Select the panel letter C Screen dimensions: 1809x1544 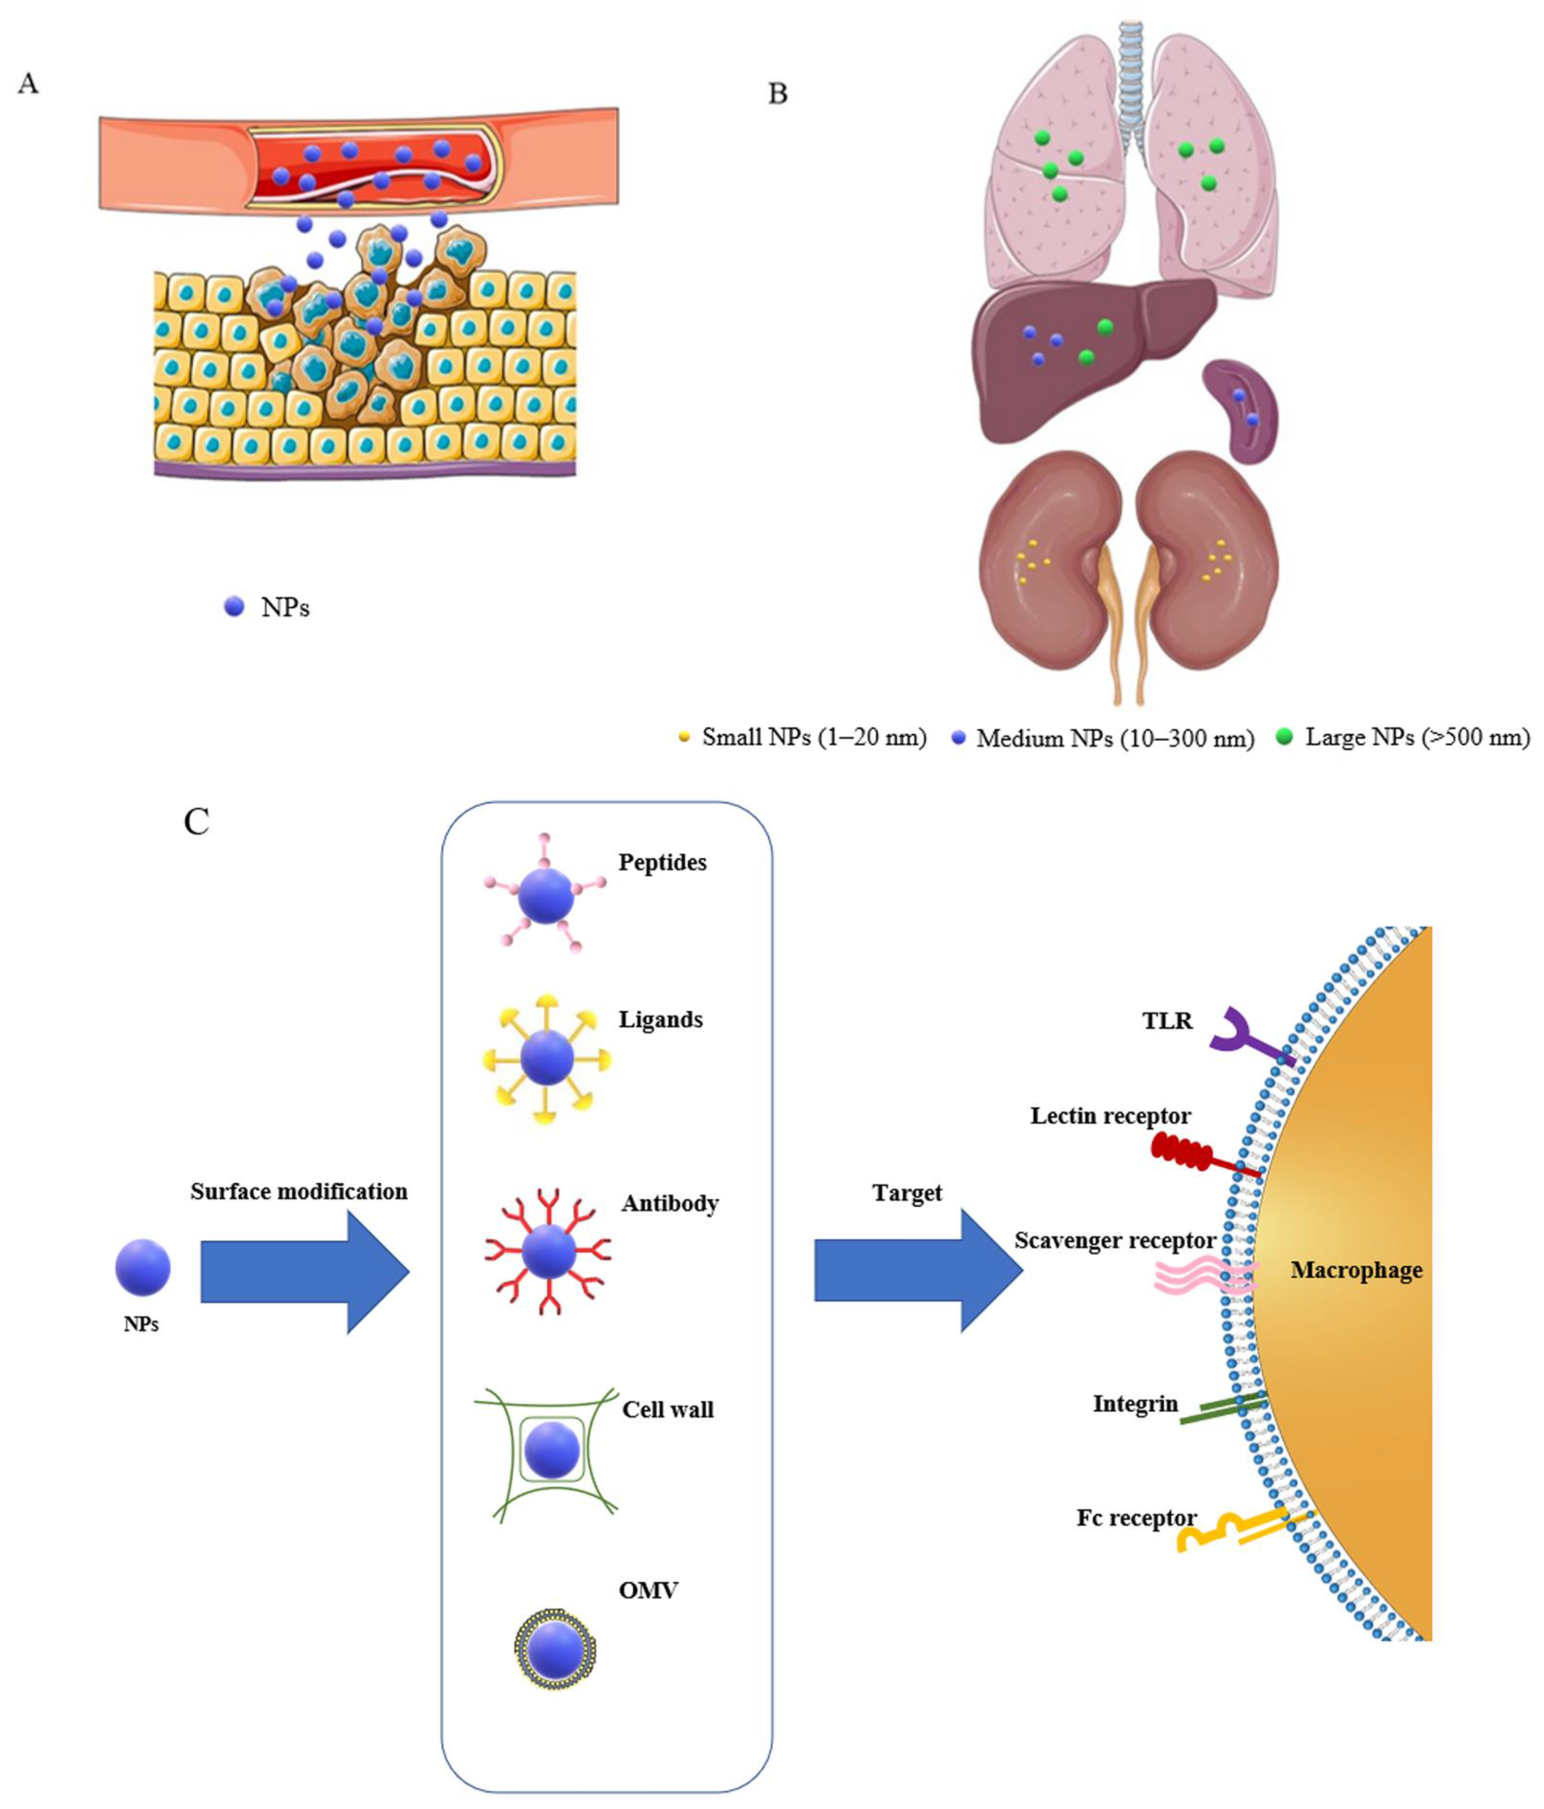point(196,821)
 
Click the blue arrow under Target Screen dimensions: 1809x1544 point(916,1270)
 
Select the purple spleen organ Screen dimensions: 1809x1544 point(1241,410)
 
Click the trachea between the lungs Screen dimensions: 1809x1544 point(1132,79)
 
